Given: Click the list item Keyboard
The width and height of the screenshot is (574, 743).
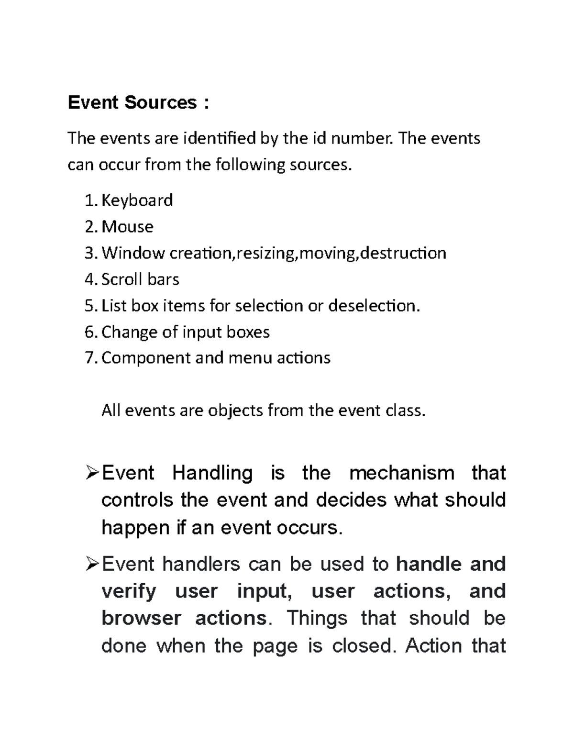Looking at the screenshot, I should (137, 200).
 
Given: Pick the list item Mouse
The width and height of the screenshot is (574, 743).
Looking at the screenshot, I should (127, 226).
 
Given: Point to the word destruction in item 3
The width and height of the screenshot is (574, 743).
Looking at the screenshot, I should (403, 253).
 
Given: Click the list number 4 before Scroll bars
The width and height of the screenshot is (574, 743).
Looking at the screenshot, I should (90, 279).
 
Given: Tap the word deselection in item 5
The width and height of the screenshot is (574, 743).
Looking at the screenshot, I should (374, 306).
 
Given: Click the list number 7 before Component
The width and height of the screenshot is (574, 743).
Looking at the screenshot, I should (90, 358).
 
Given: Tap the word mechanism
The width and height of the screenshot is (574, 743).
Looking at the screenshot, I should (402, 473).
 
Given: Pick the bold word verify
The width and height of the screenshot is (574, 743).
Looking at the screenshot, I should (129, 592).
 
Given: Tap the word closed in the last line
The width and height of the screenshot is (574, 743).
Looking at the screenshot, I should (364, 646).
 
